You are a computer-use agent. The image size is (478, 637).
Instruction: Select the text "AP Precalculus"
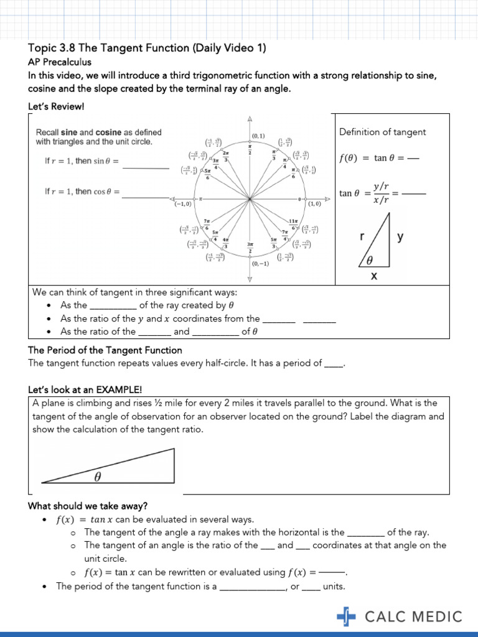tap(60, 62)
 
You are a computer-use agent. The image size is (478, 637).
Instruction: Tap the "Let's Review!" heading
tap(56, 106)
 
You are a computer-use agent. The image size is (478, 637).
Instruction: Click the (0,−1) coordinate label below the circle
tap(261, 264)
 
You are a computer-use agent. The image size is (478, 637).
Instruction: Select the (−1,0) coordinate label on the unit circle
tap(183, 203)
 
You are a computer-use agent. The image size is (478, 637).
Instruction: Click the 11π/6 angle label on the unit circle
tap(293, 225)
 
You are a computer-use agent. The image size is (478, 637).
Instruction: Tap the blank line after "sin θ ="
tap(146, 168)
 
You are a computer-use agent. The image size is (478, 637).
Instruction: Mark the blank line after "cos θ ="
tap(146, 198)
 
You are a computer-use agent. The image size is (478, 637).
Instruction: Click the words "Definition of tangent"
tap(382, 132)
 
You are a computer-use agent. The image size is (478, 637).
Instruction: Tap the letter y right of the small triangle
tap(400, 236)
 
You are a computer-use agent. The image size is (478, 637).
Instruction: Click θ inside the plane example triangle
tap(97, 477)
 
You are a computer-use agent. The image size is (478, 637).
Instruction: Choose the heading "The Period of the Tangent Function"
tap(105, 350)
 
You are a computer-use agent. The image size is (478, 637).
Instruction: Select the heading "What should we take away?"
tap(88, 505)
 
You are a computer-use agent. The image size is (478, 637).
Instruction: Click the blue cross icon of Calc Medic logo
tap(346, 616)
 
